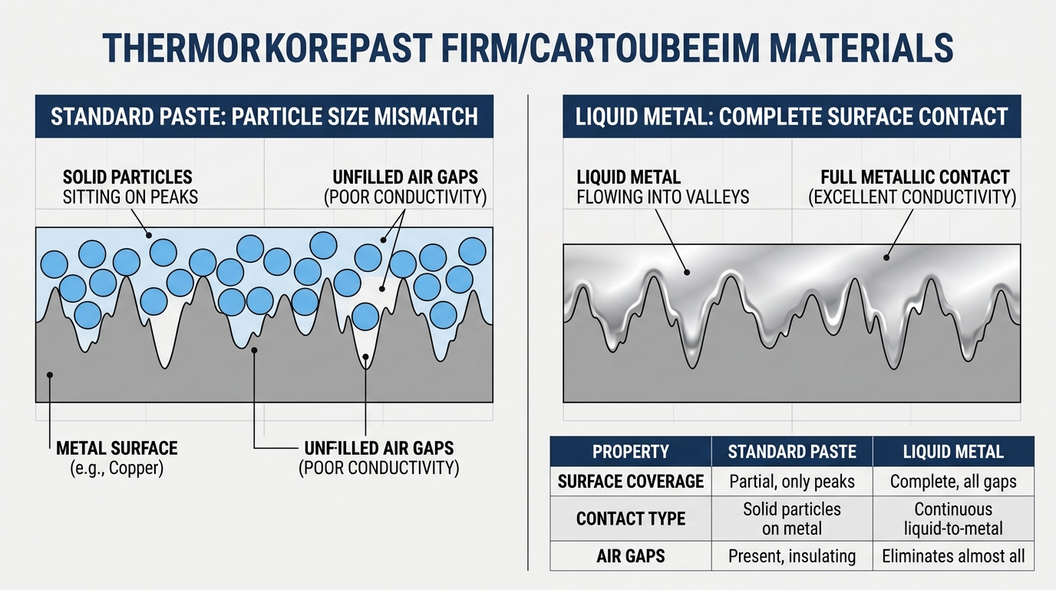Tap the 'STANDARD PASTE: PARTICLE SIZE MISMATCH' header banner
[x=265, y=116]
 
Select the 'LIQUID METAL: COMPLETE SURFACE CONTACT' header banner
[x=792, y=116]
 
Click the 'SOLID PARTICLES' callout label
[x=127, y=177]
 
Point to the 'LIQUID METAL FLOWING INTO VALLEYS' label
[x=663, y=187]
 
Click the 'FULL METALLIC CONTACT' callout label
[x=915, y=177]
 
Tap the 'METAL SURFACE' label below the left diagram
[x=117, y=449]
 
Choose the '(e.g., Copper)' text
[x=117, y=468]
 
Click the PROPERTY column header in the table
[x=631, y=452]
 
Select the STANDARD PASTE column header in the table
[x=792, y=452]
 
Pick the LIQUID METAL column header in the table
[x=953, y=452]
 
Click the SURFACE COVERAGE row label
[x=631, y=482]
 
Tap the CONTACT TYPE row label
[x=631, y=519]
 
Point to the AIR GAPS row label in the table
[x=631, y=556]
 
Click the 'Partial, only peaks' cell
[x=792, y=482]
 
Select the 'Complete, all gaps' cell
[x=953, y=482]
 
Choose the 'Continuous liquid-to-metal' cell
[x=953, y=519]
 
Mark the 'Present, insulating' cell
[x=792, y=556]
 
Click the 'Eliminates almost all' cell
[x=953, y=556]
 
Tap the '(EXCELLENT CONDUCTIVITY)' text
[x=912, y=197]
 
